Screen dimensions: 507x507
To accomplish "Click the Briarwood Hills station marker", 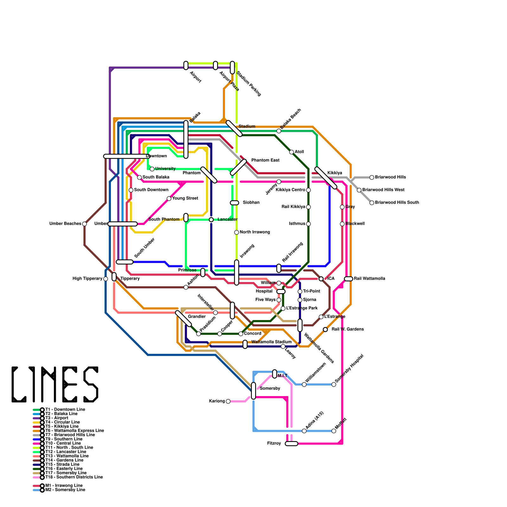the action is click(x=372, y=177).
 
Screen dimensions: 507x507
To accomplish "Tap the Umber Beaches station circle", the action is click(x=84, y=224).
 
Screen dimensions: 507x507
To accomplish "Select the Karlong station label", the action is click(x=217, y=401).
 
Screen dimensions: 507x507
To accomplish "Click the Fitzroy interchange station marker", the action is click(x=291, y=444).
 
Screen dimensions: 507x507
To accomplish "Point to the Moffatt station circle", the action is click(x=334, y=431).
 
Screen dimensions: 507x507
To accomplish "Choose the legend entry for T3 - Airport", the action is click(x=57, y=418).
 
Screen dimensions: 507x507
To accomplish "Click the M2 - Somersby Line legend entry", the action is click(x=65, y=490).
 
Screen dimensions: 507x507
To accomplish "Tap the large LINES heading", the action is click(x=55, y=384).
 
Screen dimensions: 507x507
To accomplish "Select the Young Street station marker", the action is click(x=169, y=199).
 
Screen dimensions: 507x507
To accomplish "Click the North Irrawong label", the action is click(x=255, y=232).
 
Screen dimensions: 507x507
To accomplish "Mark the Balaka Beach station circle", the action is click(x=279, y=131).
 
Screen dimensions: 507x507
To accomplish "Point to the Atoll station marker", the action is click(x=292, y=152).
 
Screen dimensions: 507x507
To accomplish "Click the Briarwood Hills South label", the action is click(x=397, y=202).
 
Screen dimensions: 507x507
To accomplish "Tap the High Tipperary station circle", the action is click(x=106, y=279).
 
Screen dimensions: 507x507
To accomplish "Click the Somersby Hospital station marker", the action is click(x=334, y=384).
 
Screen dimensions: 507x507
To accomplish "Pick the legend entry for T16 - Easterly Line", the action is click(x=64, y=469).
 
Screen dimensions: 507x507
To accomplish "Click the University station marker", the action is click(x=152, y=169).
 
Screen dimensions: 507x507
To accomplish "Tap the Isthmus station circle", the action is click(x=308, y=224).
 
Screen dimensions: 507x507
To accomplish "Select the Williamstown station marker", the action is click(x=304, y=384).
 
